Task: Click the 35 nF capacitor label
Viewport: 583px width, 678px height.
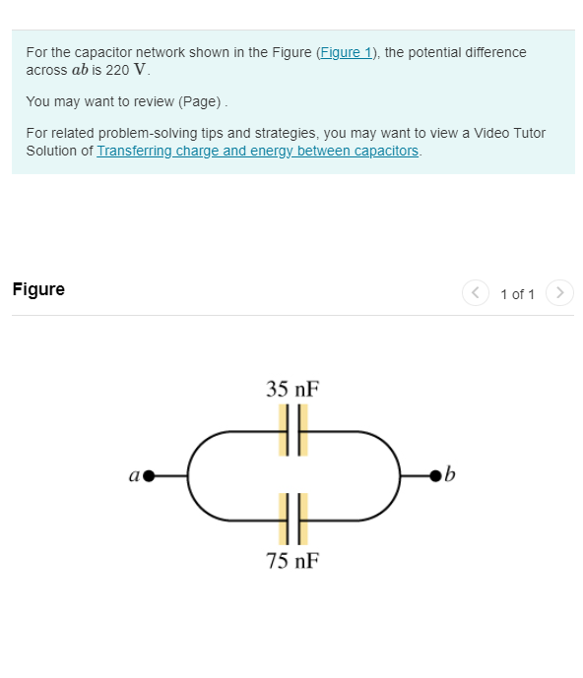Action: (292, 388)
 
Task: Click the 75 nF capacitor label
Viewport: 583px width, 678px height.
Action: (292, 561)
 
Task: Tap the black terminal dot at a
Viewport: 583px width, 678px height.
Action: (150, 476)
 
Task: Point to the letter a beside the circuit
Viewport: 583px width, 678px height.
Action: (133, 476)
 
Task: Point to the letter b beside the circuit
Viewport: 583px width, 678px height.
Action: (451, 476)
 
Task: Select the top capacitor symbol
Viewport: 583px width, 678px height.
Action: (292, 431)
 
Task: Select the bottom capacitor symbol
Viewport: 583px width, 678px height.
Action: (292, 519)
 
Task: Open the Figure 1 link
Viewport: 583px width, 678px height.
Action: (346, 52)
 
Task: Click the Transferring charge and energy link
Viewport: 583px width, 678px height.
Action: (257, 151)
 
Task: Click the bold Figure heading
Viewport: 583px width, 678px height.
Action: (38, 289)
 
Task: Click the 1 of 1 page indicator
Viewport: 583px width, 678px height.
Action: (517, 294)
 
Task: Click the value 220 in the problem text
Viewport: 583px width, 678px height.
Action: (117, 71)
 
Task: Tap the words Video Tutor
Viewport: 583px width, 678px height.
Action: (504, 133)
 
